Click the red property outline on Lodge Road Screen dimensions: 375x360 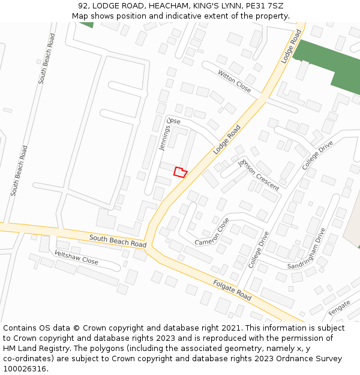pos(180,172)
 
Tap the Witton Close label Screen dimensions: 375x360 pos(235,81)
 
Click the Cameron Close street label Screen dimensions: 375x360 pos(212,232)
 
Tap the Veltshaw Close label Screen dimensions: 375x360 pos(76,257)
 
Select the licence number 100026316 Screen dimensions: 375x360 pos(26,368)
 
